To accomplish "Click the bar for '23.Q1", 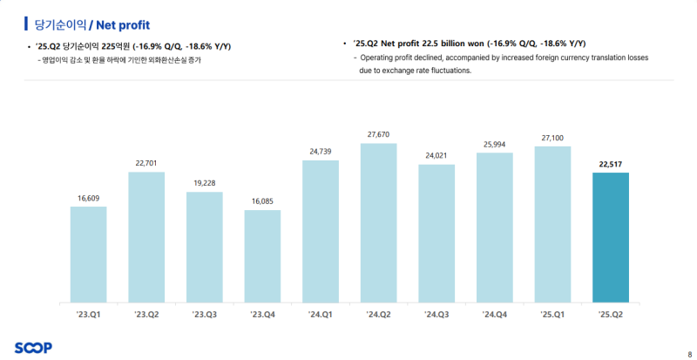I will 88,254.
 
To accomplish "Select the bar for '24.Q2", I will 378,222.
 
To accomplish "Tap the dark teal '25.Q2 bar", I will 610,237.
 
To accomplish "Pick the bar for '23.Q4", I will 262,255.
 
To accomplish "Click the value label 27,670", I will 378,134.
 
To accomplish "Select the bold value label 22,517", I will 610,163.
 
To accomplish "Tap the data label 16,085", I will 262,201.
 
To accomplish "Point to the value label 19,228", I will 204,183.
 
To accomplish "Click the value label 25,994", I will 494,144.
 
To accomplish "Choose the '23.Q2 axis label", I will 145,313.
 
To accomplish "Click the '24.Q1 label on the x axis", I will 320,313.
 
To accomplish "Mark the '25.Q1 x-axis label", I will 552,313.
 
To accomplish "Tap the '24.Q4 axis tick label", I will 494,313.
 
